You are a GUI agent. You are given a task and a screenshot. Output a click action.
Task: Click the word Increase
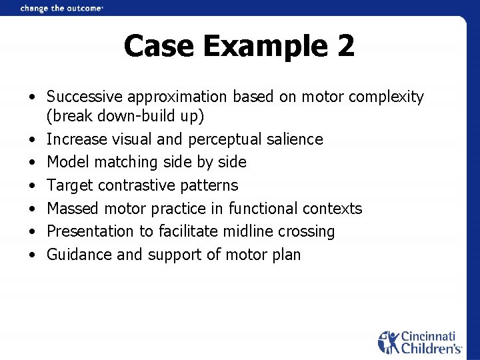[x=75, y=139]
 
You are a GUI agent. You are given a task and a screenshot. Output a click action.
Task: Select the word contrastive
[x=137, y=185]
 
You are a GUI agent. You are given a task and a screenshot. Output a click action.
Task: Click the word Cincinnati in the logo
[x=430, y=337]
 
